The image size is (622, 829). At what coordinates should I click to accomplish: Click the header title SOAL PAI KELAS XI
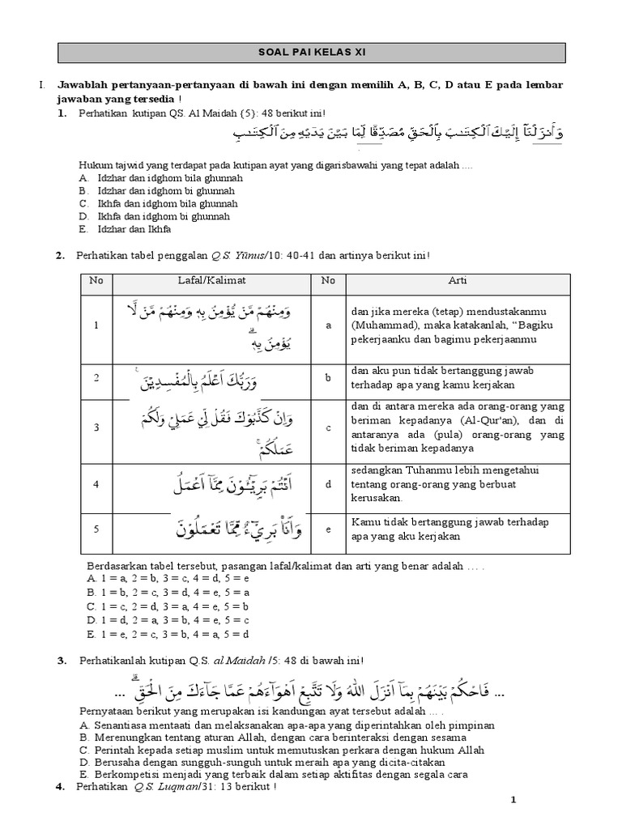pyautogui.click(x=310, y=53)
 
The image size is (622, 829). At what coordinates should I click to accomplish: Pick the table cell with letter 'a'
pyautogui.click(x=329, y=325)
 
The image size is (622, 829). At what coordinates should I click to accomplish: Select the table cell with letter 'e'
pyautogui.click(x=329, y=529)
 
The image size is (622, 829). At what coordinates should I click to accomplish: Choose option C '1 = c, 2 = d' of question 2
pyautogui.click(x=175, y=605)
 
